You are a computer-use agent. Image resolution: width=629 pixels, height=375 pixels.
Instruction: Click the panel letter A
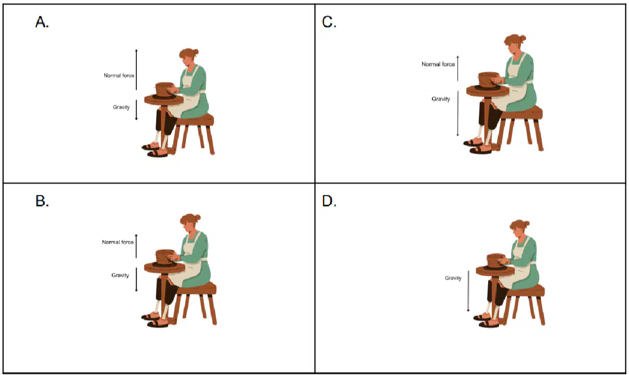tap(42, 21)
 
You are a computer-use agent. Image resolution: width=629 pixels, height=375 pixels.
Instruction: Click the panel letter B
tap(42, 201)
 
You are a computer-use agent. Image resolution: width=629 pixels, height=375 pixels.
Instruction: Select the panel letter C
tap(329, 21)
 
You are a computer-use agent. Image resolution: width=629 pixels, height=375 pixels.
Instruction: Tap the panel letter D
tap(329, 201)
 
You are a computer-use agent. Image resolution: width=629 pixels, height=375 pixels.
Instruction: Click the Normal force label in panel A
tap(119, 76)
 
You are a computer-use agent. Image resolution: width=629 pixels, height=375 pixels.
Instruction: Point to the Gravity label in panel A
tap(122, 107)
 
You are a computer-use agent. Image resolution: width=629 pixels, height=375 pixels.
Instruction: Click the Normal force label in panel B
tap(117, 242)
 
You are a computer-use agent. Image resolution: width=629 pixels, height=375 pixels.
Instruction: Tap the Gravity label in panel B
tap(120, 276)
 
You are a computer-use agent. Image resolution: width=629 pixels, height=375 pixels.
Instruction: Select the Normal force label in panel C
tap(439, 64)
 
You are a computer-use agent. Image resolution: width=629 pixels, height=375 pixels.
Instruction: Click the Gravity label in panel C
tap(441, 99)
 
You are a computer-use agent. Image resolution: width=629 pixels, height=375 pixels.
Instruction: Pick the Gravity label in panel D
tap(453, 278)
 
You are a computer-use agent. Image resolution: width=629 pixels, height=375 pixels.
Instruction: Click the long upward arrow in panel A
tap(136, 69)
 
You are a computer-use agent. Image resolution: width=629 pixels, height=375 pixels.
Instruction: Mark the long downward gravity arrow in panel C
tap(457, 113)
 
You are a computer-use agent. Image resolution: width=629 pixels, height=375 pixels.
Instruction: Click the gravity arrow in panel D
tap(468, 291)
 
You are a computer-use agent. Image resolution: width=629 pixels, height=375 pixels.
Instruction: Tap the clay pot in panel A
tap(164, 90)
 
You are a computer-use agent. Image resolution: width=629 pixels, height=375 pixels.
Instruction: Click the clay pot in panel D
tap(496, 261)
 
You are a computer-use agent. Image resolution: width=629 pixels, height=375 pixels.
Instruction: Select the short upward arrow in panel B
tap(136, 246)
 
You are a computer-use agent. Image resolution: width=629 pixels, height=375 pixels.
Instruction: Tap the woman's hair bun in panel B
tap(198, 218)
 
